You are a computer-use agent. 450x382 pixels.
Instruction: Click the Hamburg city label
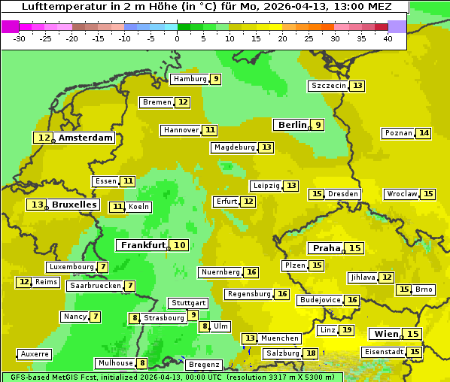pyautogui.click(x=190, y=79)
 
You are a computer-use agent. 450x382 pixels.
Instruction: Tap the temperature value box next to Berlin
pyautogui.click(x=318, y=125)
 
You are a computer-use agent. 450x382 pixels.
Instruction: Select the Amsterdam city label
pyautogui.click(x=85, y=138)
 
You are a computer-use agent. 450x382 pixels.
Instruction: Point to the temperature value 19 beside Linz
pyautogui.click(x=347, y=330)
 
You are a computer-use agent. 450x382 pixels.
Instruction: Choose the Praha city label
pyautogui.click(x=326, y=248)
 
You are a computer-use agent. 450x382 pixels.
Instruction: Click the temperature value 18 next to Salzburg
pyautogui.click(x=311, y=353)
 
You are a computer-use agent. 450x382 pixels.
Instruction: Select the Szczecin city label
pyautogui.click(x=328, y=86)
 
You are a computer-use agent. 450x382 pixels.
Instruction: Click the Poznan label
pyautogui.click(x=398, y=133)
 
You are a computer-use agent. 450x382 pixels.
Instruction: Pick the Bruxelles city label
pyautogui.click(x=74, y=205)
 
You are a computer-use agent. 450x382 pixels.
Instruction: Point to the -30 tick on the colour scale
pyautogui.click(x=20, y=38)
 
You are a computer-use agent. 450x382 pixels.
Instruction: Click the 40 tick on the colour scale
pyautogui.click(x=388, y=38)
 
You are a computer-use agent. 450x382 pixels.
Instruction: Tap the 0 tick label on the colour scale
pyautogui.click(x=178, y=38)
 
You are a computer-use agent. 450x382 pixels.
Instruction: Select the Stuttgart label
pyautogui.click(x=188, y=303)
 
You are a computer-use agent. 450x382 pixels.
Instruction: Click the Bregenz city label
pyautogui.click(x=203, y=365)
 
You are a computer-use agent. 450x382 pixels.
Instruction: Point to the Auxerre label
pyautogui.click(x=35, y=354)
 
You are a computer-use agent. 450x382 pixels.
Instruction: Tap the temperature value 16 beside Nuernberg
pyautogui.click(x=251, y=272)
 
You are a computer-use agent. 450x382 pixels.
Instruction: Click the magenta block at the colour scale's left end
pyautogui.click(x=11, y=26)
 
